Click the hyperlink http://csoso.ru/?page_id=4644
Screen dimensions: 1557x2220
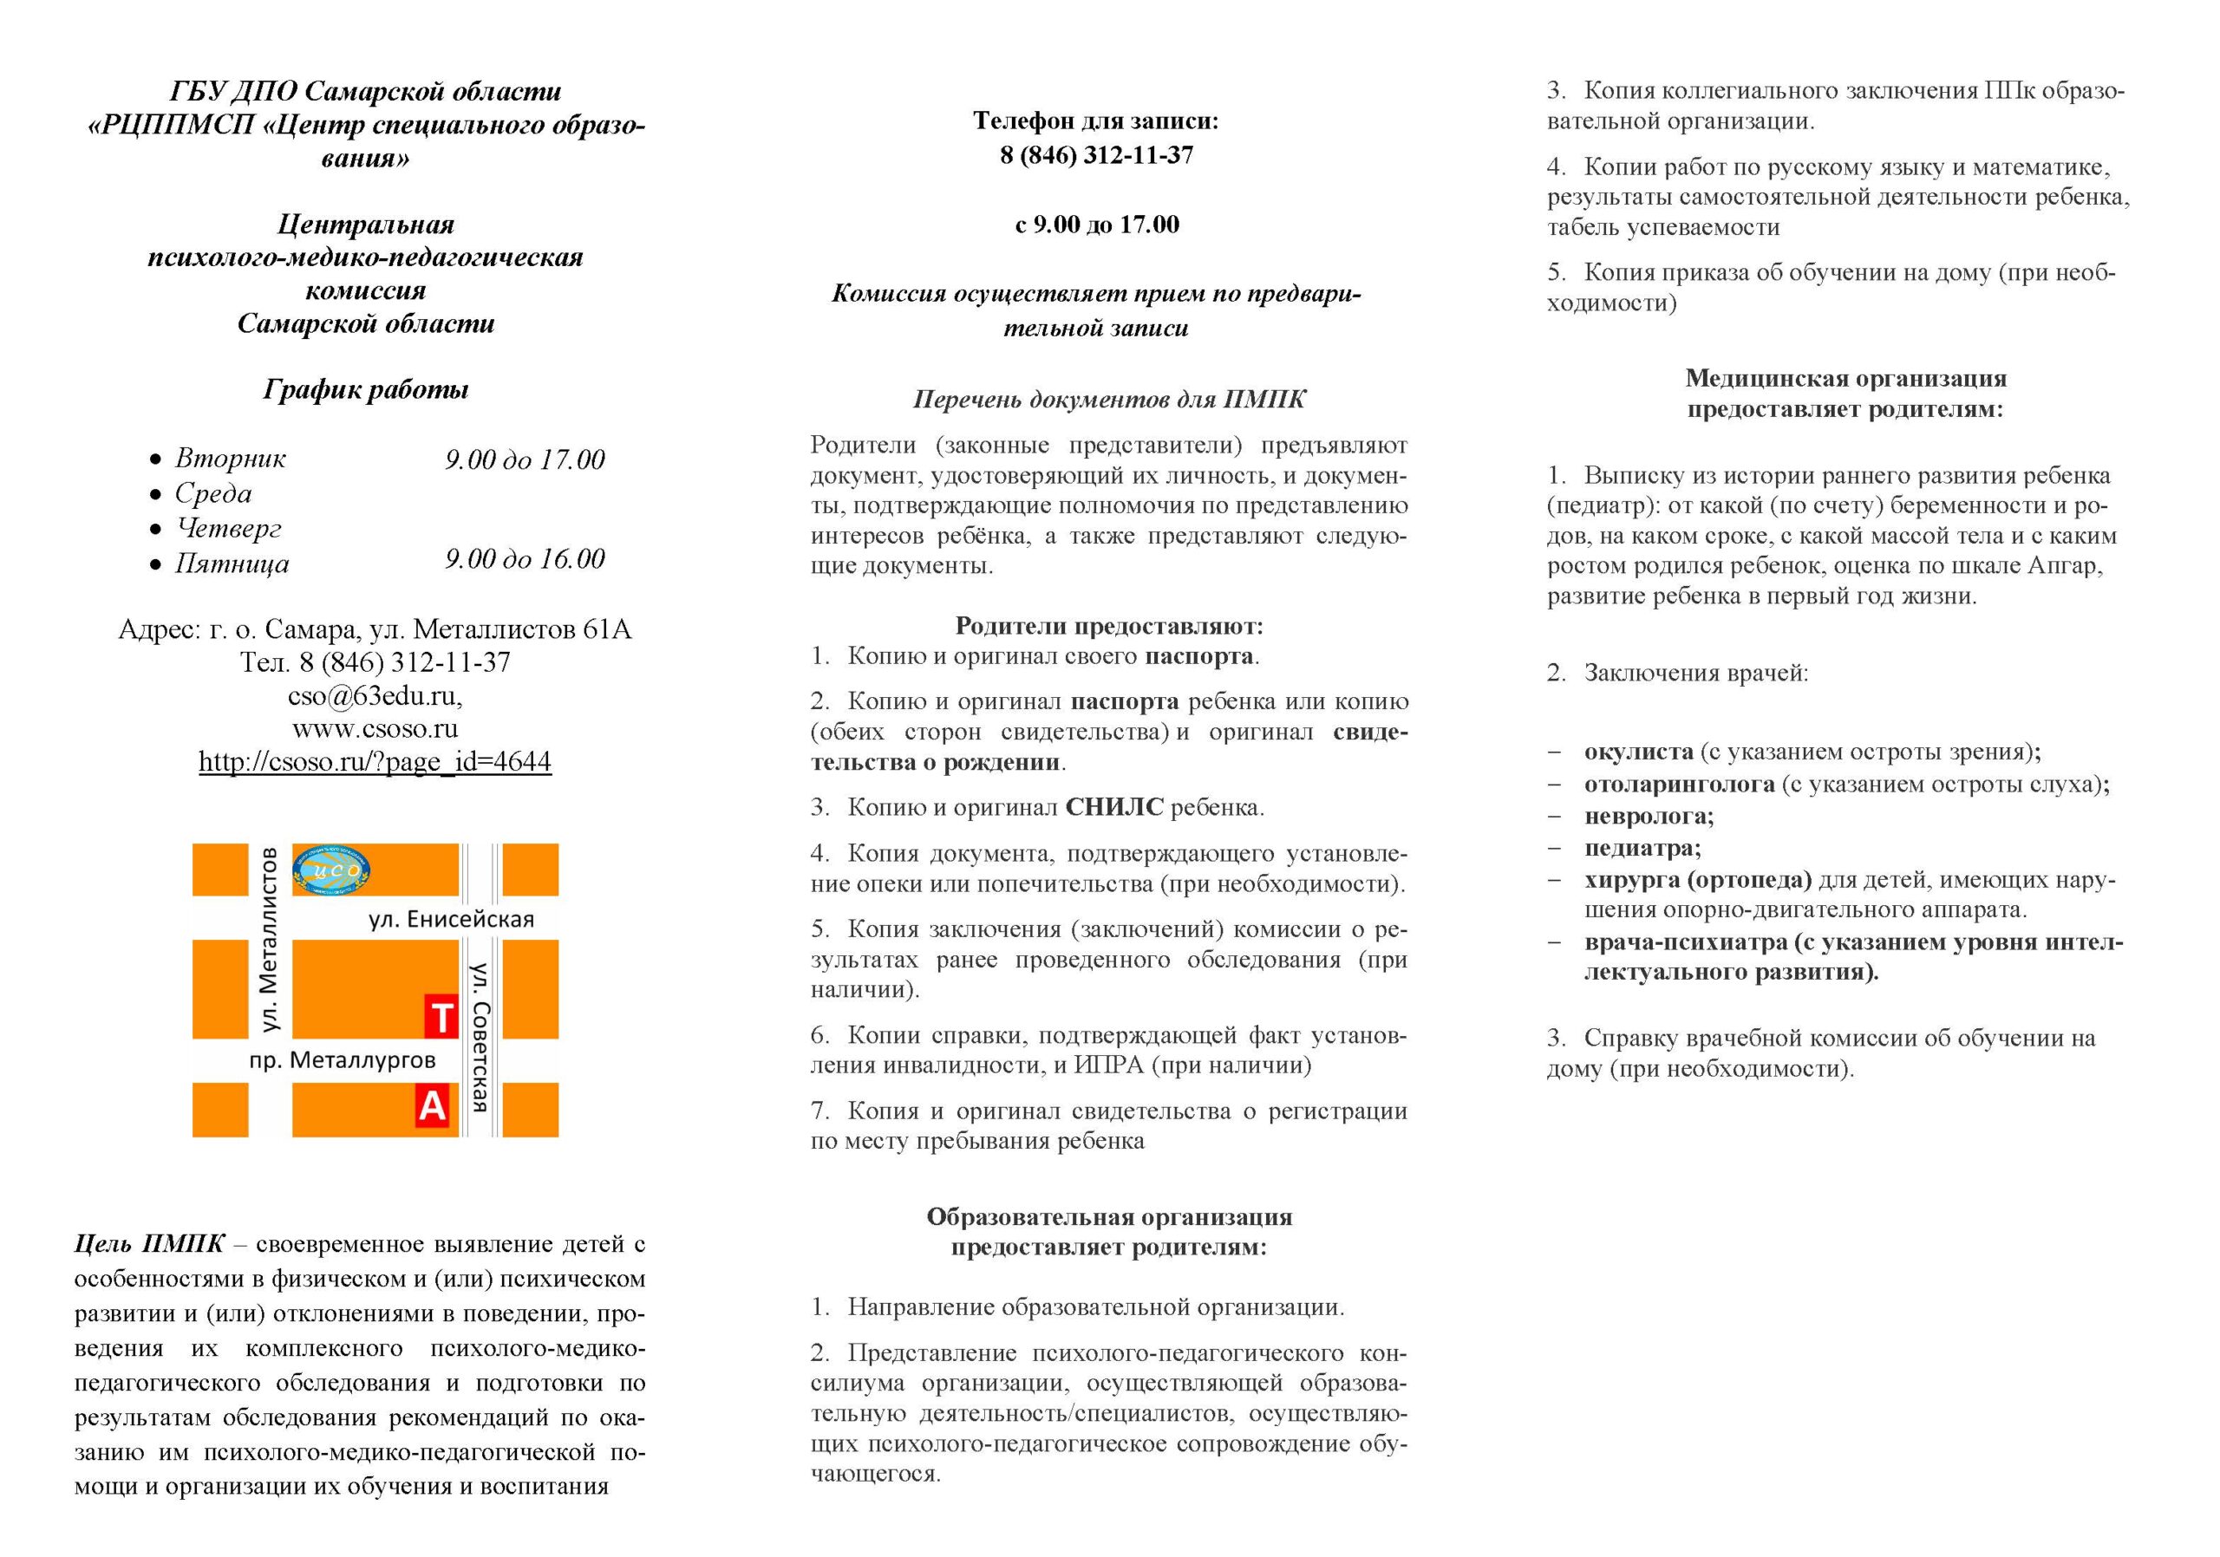[375, 761]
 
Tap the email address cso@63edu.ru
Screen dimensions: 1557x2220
[375, 696]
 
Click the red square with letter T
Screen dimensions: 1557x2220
[441, 1017]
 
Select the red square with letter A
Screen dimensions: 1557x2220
[432, 1104]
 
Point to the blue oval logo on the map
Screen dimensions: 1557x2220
[330, 870]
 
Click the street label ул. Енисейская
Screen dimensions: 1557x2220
[451, 919]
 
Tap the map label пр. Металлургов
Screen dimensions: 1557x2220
[343, 1060]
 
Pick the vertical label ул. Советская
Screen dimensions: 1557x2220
[480, 1036]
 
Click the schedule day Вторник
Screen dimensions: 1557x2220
[230, 458]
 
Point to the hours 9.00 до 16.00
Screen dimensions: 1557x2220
[525, 558]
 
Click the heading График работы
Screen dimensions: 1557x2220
[365, 389]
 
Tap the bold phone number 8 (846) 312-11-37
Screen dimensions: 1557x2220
[1096, 155]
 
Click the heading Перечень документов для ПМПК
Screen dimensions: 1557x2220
[1109, 399]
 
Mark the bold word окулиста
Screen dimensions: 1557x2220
[1638, 752]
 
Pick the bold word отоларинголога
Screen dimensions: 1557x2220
[1679, 784]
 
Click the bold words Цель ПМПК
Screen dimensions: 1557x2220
[149, 1244]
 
